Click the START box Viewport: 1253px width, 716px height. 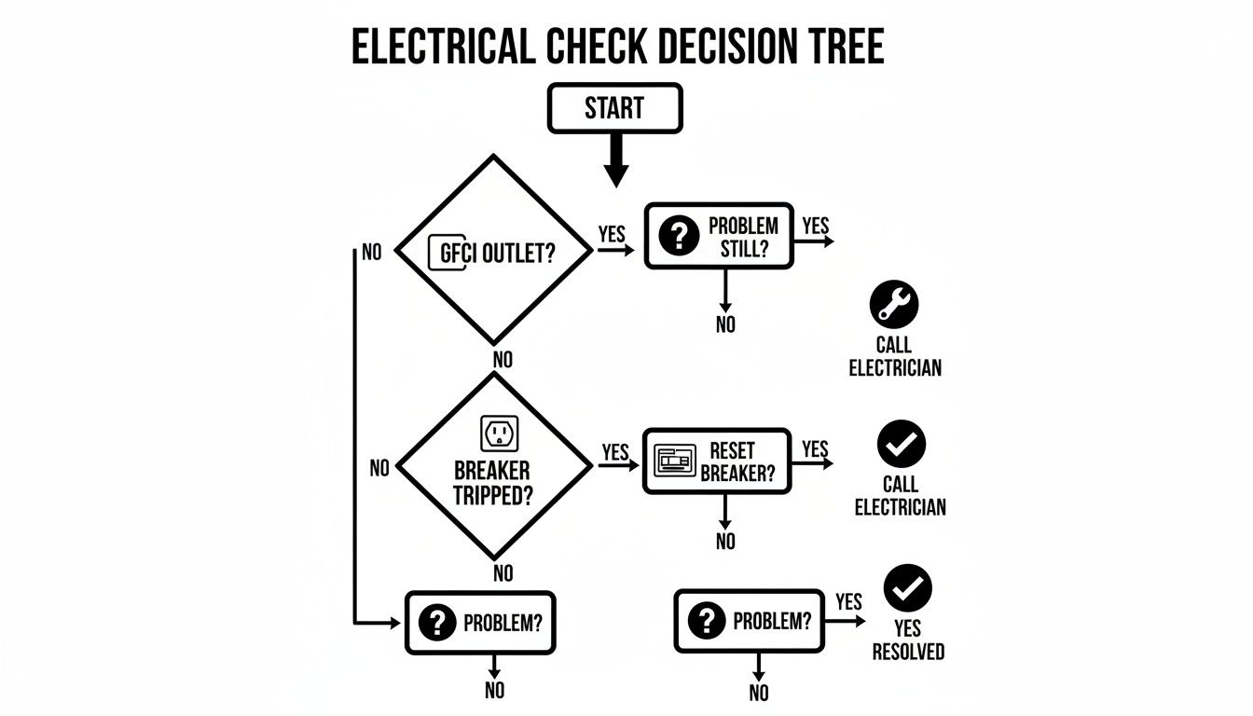[615, 108]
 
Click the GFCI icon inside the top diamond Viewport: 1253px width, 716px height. [447, 254]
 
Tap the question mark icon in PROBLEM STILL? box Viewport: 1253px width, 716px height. [678, 237]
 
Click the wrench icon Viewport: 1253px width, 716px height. [893, 304]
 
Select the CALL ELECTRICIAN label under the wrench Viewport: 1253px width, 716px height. [894, 356]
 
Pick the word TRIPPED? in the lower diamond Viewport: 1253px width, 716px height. [493, 495]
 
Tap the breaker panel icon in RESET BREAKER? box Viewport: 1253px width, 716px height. [676, 461]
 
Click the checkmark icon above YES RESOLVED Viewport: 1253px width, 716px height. [907, 587]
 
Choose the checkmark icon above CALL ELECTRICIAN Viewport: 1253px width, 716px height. [902, 444]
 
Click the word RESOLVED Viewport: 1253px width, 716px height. [908, 652]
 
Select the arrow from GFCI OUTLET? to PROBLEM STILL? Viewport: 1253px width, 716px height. [616, 250]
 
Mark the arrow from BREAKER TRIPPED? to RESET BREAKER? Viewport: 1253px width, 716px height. [616, 463]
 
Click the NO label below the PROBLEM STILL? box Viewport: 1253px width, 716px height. [725, 324]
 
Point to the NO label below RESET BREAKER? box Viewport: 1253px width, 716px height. [725, 541]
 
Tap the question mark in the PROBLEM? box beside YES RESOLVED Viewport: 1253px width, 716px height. [707, 620]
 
